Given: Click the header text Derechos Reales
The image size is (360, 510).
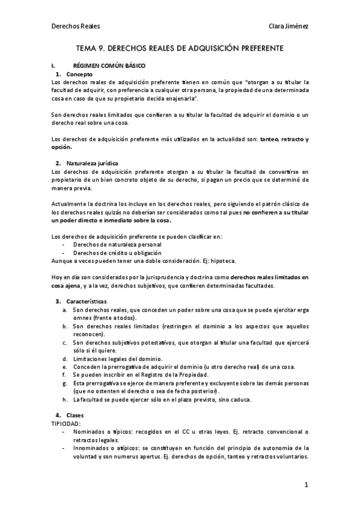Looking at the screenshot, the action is pyautogui.click(x=76, y=26).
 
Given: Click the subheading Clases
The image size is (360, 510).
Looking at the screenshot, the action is pyautogui.click(x=75, y=416).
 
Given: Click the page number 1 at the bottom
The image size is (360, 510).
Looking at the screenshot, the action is pyautogui.click(x=306, y=485).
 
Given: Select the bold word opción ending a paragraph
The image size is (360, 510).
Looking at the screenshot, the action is pyautogui.click(x=61, y=147).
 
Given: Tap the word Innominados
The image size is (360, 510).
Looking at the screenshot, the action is pyautogui.click(x=93, y=447).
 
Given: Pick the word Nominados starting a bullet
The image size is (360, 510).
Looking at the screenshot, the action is pyautogui.click(x=89, y=432).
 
